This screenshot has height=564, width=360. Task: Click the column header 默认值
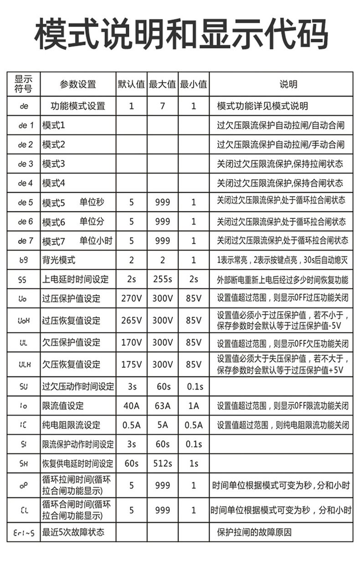[131, 84]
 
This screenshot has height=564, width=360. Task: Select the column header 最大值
[162, 84]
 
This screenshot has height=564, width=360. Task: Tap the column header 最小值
[193, 84]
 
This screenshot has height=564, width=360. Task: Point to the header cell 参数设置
[78, 84]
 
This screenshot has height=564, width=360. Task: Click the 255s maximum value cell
[162, 279]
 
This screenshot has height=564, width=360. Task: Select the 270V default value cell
[131, 299]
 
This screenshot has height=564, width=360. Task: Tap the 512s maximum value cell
[162, 464]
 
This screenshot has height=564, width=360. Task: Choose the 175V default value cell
[131, 364]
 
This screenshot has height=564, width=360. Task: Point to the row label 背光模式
[59, 261]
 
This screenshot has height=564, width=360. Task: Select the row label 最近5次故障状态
[73, 532]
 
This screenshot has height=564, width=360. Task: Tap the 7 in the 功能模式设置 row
[162, 106]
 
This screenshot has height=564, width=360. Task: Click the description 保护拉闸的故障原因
[254, 532]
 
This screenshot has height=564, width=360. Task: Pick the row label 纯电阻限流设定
[71, 425]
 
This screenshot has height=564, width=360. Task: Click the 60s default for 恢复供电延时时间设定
[131, 464]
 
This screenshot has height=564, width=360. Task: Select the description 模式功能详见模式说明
[262, 106]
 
